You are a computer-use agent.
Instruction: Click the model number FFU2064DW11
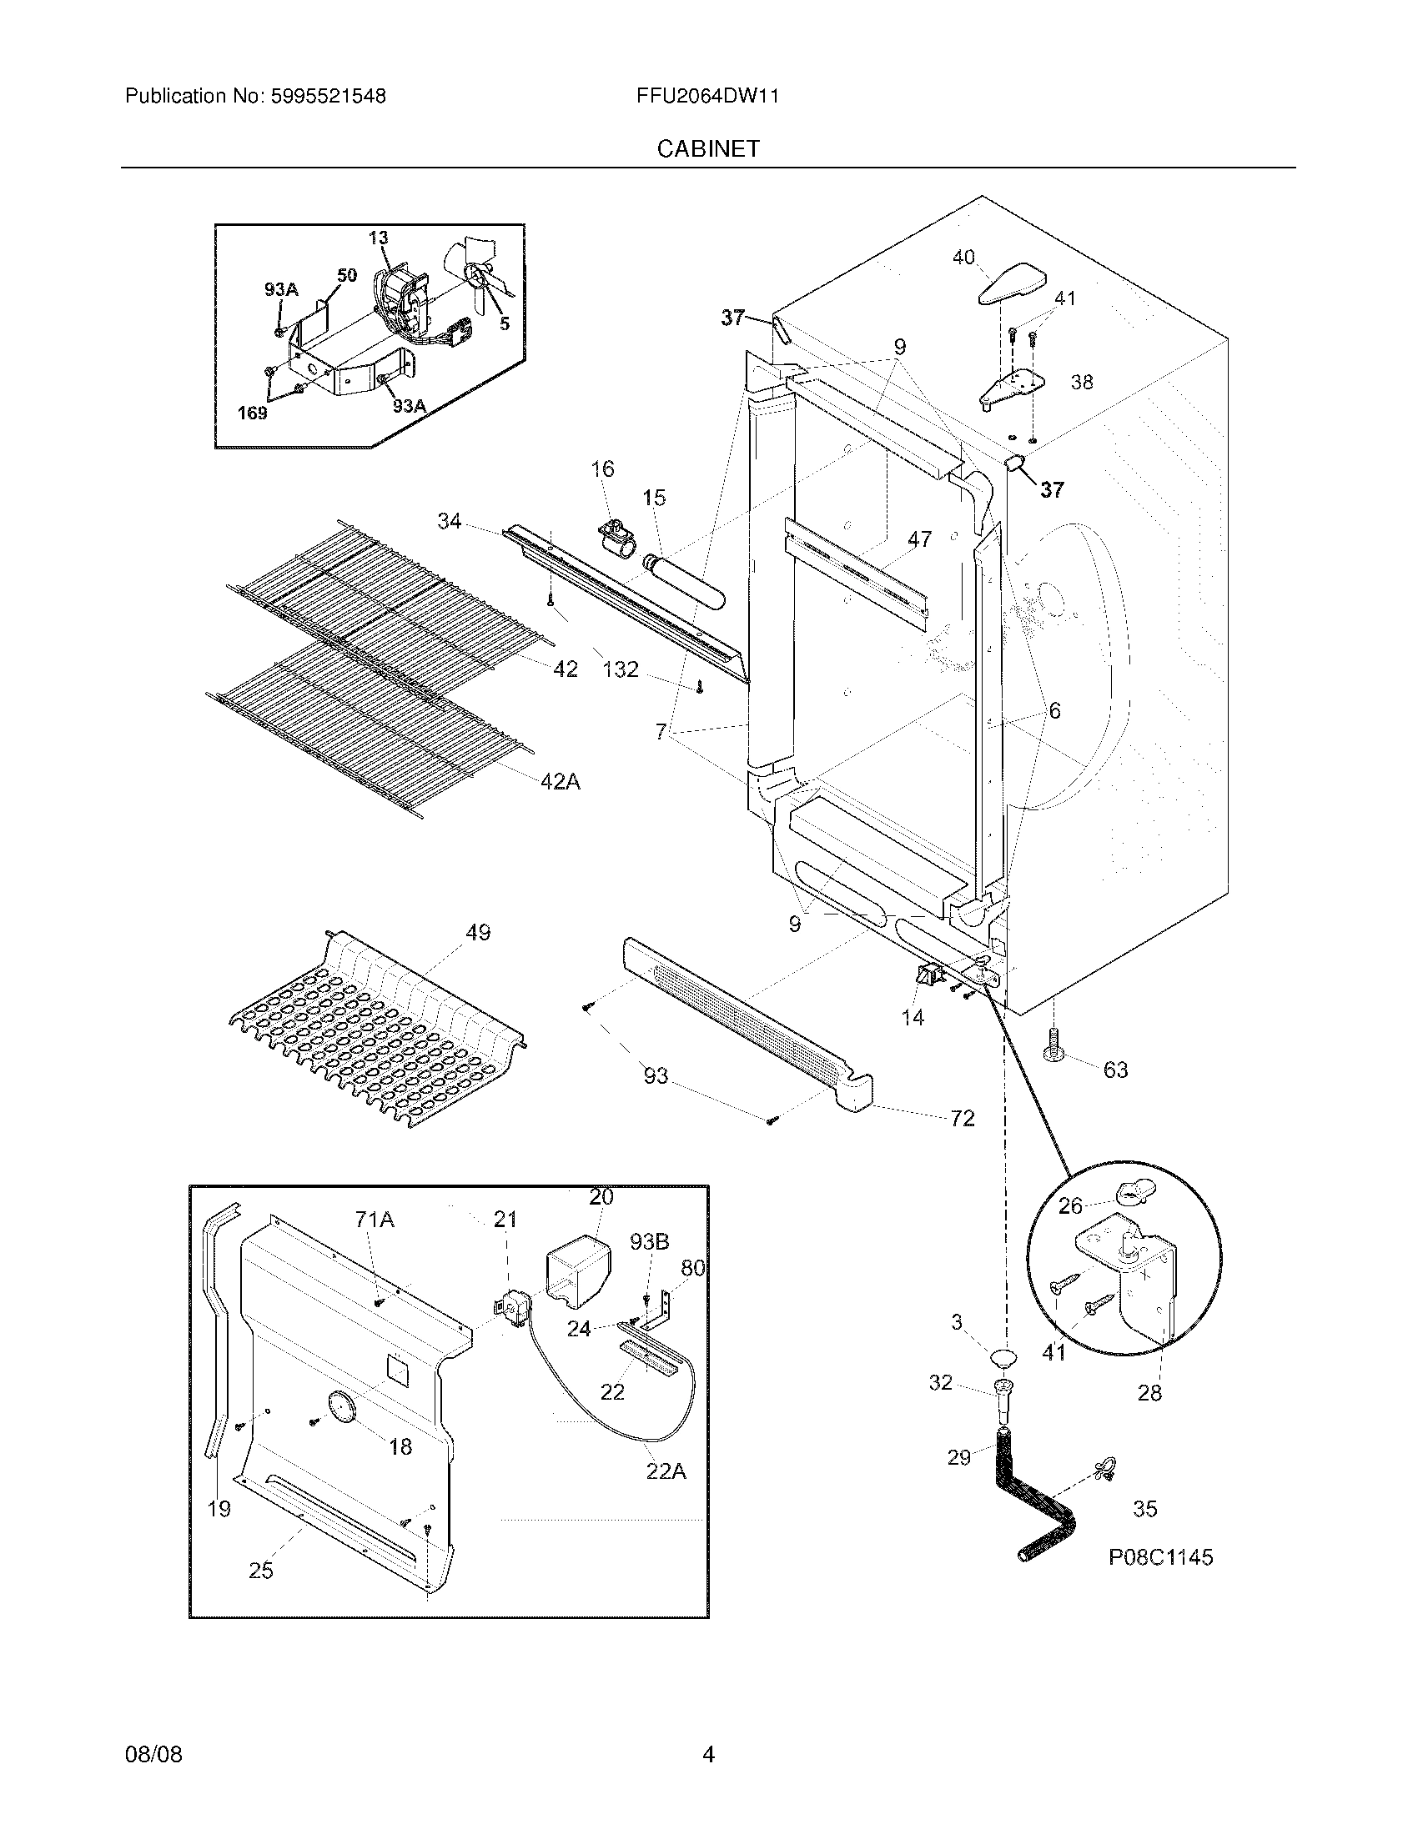click(707, 96)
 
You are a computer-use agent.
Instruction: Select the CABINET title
click(708, 148)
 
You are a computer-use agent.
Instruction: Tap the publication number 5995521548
click(328, 96)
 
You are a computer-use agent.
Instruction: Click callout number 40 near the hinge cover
click(963, 257)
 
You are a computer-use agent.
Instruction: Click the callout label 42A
click(561, 782)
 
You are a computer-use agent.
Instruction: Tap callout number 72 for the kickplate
click(963, 1118)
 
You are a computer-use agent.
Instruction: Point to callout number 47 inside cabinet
click(919, 539)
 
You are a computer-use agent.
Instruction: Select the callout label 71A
click(375, 1220)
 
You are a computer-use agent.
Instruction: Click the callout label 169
click(252, 413)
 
